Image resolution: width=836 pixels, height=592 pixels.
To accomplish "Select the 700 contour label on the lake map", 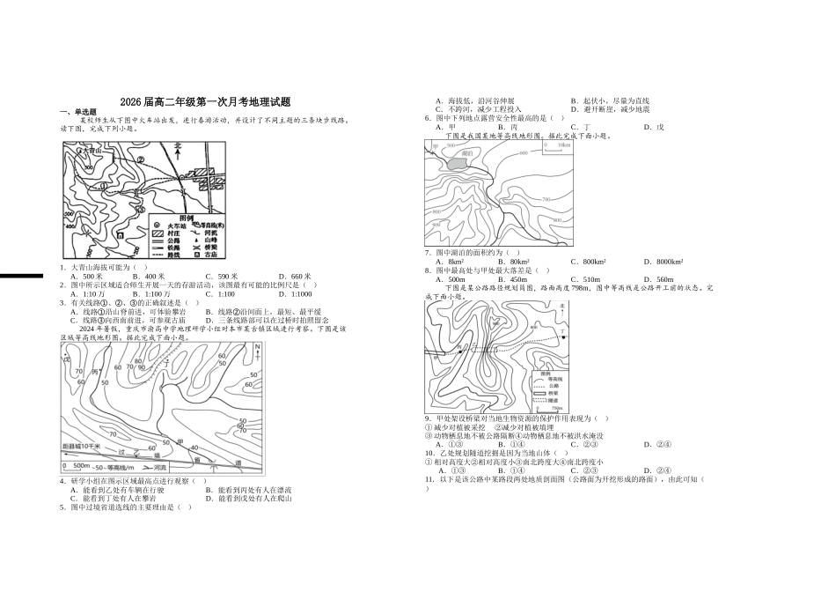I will point(546,199).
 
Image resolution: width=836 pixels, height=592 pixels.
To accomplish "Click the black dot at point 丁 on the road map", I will point(563,338).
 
